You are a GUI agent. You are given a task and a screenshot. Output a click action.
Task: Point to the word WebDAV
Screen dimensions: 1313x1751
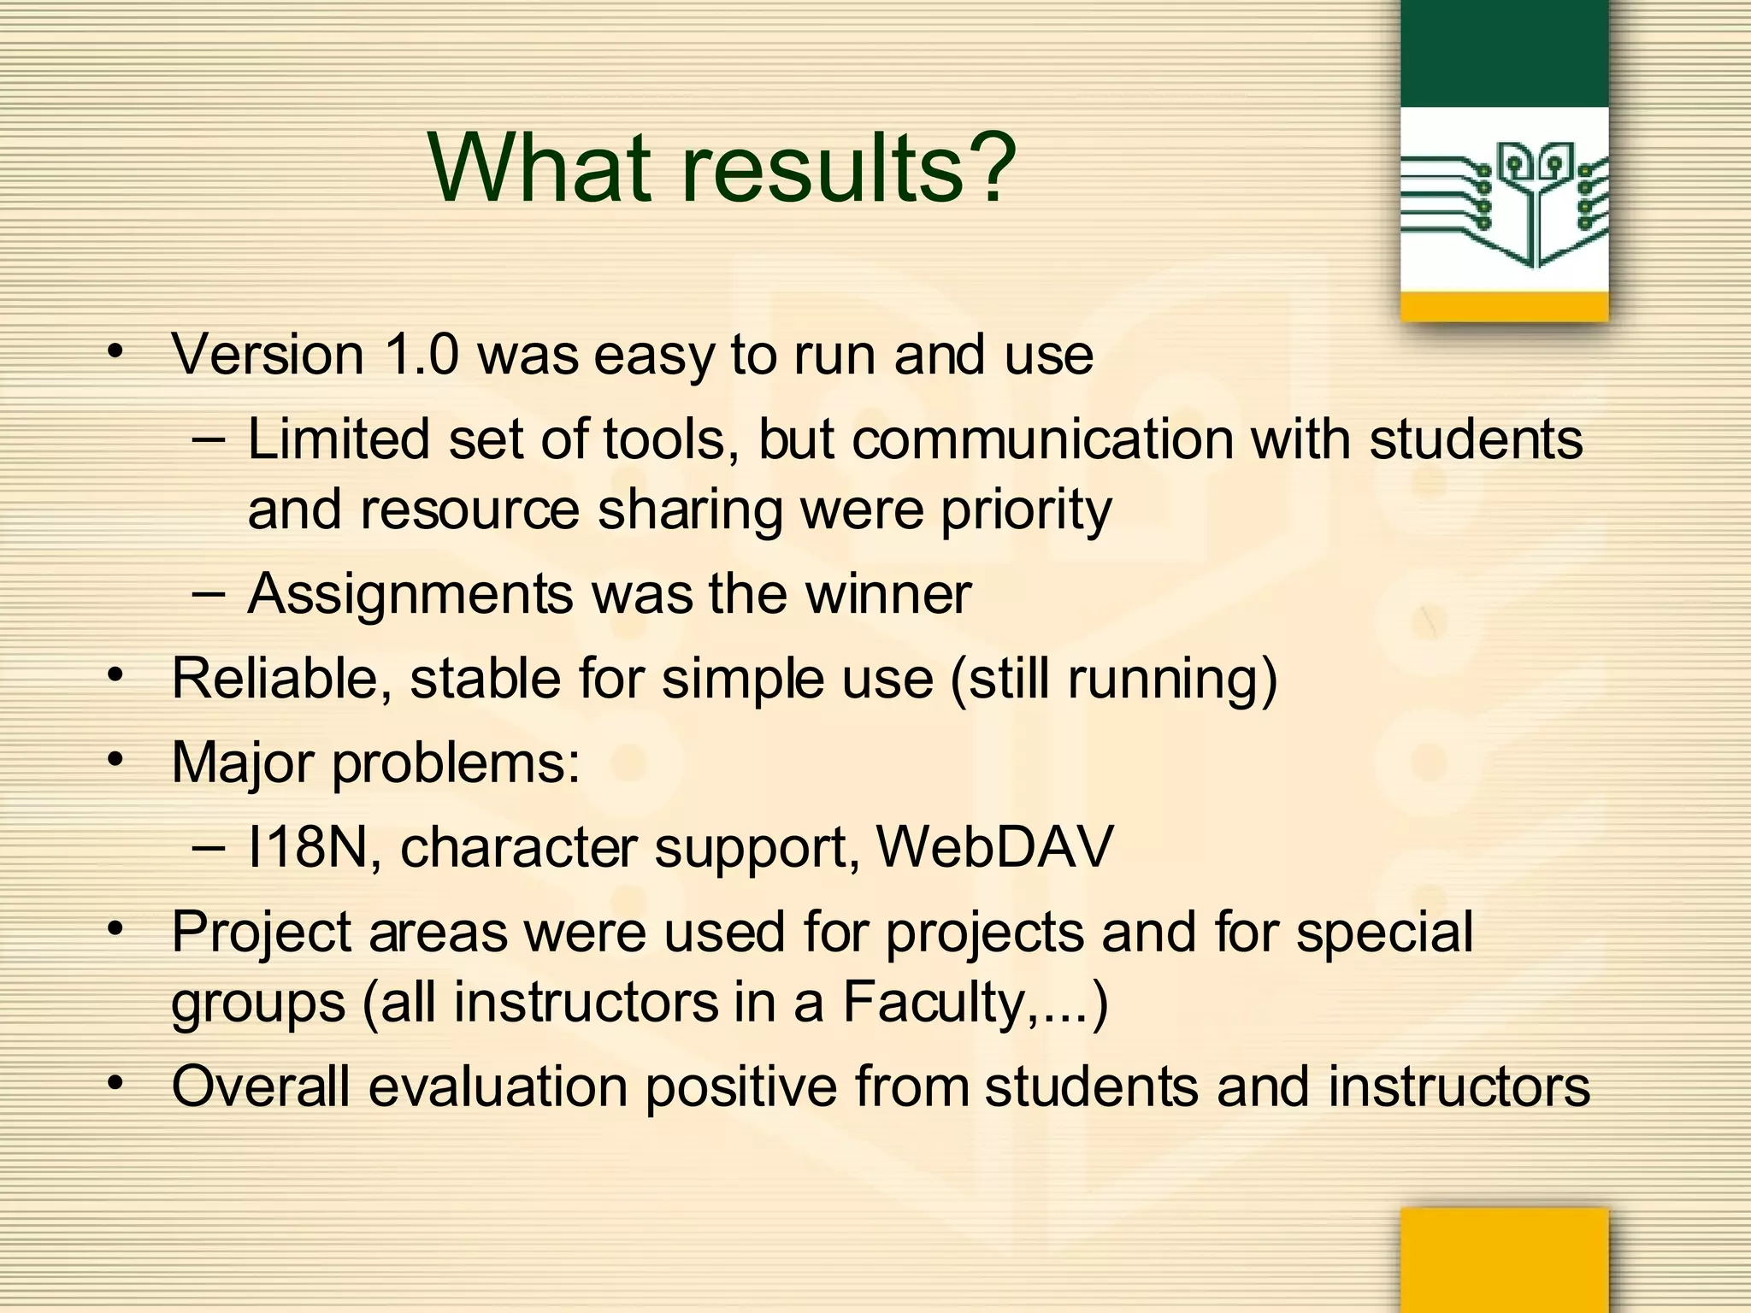tap(995, 847)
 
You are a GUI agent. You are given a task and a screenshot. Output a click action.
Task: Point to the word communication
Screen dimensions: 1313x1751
tap(1042, 440)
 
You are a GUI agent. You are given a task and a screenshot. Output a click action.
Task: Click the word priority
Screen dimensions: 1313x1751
tap(1026, 511)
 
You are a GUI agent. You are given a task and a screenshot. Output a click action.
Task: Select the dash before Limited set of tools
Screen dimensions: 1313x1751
tap(209, 440)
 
